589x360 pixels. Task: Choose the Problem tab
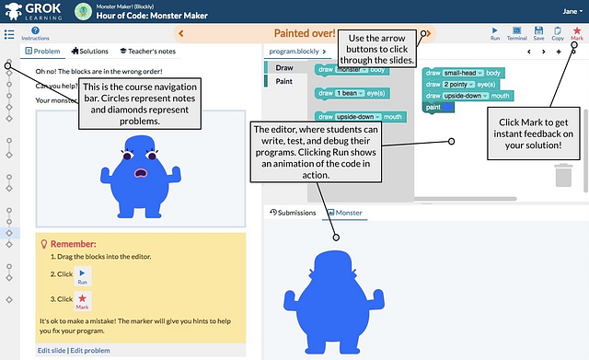click(40, 52)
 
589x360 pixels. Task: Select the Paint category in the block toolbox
click(285, 82)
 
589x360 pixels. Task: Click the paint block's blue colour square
click(450, 108)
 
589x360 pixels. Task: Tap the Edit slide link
click(52, 351)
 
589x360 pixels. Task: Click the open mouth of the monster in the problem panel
click(141, 172)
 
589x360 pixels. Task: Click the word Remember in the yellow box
click(76, 244)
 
